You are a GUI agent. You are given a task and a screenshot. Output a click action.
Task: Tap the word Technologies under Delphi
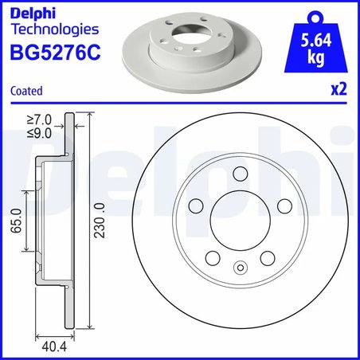(53, 30)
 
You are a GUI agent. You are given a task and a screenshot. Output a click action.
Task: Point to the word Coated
(26, 91)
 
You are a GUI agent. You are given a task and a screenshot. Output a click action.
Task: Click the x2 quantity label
(338, 90)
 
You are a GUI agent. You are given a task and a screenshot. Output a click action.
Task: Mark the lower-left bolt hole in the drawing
(213, 258)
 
